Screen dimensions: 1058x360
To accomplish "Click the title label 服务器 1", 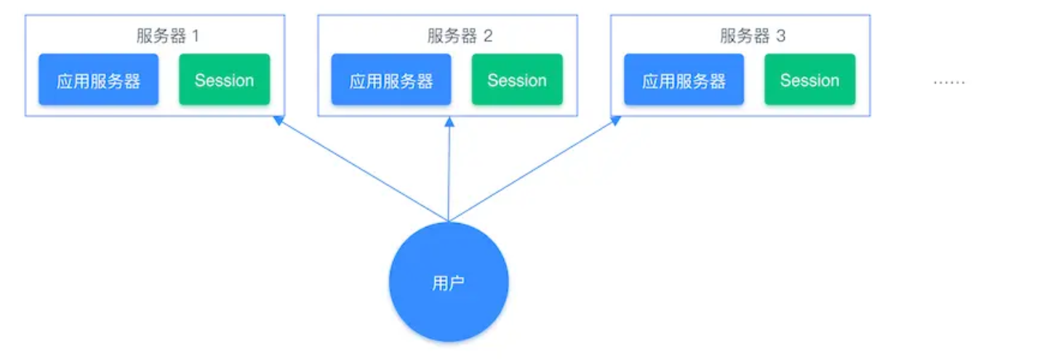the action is [168, 36].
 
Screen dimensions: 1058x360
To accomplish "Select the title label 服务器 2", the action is [460, 36].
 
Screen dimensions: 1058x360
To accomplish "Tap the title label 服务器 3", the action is [753, 36].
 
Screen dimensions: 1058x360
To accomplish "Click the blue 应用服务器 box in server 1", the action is [99, 79].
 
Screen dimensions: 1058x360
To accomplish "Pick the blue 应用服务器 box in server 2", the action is [391, 79].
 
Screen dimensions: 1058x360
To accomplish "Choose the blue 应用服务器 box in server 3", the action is [684, 79].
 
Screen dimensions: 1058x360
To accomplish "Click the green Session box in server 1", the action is [225, 79].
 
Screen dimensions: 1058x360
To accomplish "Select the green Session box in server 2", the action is [517, 79].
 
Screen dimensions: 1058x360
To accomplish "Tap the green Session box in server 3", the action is [810, 79].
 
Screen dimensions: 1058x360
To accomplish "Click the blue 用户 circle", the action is [449, 282].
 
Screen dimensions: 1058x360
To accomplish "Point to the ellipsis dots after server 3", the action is [950, 83].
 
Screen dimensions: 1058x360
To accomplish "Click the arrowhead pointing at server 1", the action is [278, 121].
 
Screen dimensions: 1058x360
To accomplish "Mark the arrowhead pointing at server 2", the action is [449, 122].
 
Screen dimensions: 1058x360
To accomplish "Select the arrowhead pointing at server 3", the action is [616, 121].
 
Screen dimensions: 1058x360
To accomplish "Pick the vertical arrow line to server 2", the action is [449, 169].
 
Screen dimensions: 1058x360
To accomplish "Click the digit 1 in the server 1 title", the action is [196, 36].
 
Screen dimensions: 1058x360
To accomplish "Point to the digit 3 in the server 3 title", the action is [781, 36].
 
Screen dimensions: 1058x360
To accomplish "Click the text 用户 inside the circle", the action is [448, 283].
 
